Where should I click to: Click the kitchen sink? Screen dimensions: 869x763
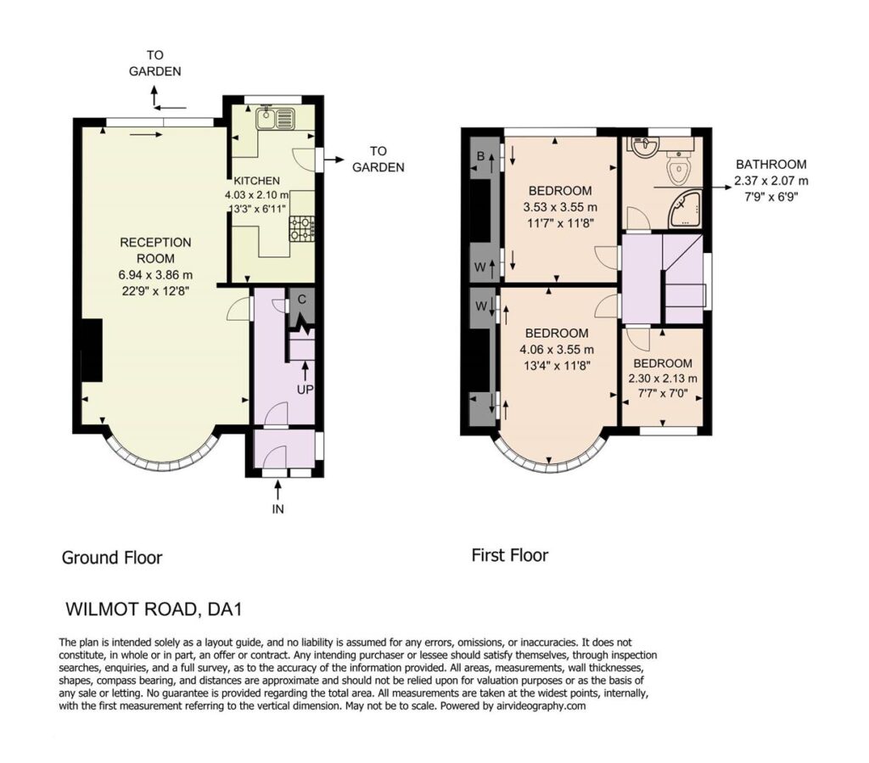(x=277, y=118)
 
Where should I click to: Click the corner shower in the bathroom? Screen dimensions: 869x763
(x=685, y=210)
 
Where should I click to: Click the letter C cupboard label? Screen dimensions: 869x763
(x=302, y=300)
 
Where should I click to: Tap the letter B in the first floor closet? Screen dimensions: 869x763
(x=481, y=156)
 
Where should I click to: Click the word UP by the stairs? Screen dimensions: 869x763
(x=305, y=390)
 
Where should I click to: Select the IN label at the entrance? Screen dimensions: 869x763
(x=278, y=508)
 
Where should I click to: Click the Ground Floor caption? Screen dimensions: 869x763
(x=111, y=558)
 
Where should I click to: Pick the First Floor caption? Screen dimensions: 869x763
(x=509, y=555)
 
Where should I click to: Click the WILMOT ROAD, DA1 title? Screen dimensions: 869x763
(x=154, y=609)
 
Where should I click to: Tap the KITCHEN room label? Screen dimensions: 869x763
(x=256, y=181)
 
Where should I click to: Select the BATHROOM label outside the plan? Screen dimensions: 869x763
(x=771, y=164)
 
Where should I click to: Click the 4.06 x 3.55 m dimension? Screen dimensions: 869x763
(x=557, y=350)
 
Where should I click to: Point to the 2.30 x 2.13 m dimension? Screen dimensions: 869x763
(x=662, y=379)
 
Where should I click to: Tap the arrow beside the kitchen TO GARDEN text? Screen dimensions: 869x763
(x=334, y=160)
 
